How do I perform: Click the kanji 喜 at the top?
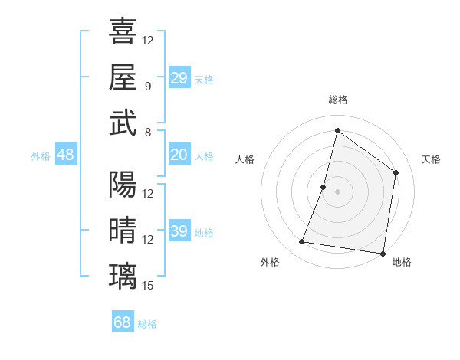123,31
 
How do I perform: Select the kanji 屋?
123,77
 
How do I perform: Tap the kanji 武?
123,123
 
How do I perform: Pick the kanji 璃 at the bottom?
123,277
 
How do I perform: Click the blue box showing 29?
179,77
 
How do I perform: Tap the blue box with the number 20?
179,155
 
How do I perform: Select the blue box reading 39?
179,231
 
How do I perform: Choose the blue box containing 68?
123,322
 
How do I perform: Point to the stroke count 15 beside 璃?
149,286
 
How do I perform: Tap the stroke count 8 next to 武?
148,133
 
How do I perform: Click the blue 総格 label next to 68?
147,324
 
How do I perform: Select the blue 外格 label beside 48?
41,156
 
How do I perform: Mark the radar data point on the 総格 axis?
337,130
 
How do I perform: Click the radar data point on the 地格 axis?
383,253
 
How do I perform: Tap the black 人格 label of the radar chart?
245,159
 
